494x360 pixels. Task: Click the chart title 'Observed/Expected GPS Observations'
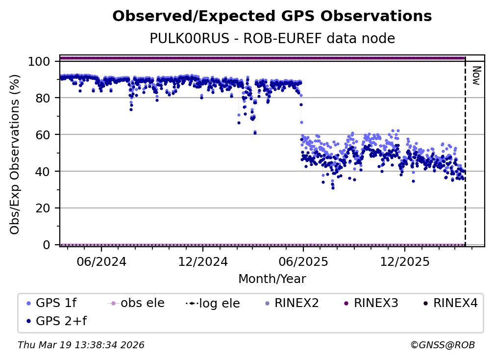pyautogui.click(x=272, y=17)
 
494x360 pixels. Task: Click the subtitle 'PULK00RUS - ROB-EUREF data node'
pyautogui.click(x=272, y=38)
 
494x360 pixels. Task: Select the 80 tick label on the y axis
pyautogui.click(x=44, y=98)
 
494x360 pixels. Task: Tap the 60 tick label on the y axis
pyautogui.click(x=44, y=135)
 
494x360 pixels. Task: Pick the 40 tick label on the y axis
pyautogui.click(x=44, y=171)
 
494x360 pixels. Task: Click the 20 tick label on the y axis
pyautogui.click(x=44, y=208)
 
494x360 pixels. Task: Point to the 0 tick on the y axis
pyautogui.click(x=47, y=245)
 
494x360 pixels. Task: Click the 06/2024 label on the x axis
pyautogui.click(x=101, y=261)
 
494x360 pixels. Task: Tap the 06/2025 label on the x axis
pyautogui.click(x=303, y=261)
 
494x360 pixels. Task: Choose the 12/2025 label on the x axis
pyautogui.click(x=404, y=261)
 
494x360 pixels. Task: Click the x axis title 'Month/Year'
pyautogui.click(x=272, y=279)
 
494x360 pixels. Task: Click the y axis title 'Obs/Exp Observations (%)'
pyautogui.click(x=15, y=154)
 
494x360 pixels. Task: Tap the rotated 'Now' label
pyautogui.click(x=475, y=76)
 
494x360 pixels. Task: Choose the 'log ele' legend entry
pyautogui.click(x=218, y=304)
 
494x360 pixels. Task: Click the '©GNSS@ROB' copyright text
pyautogui.click(x=443, y=345)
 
